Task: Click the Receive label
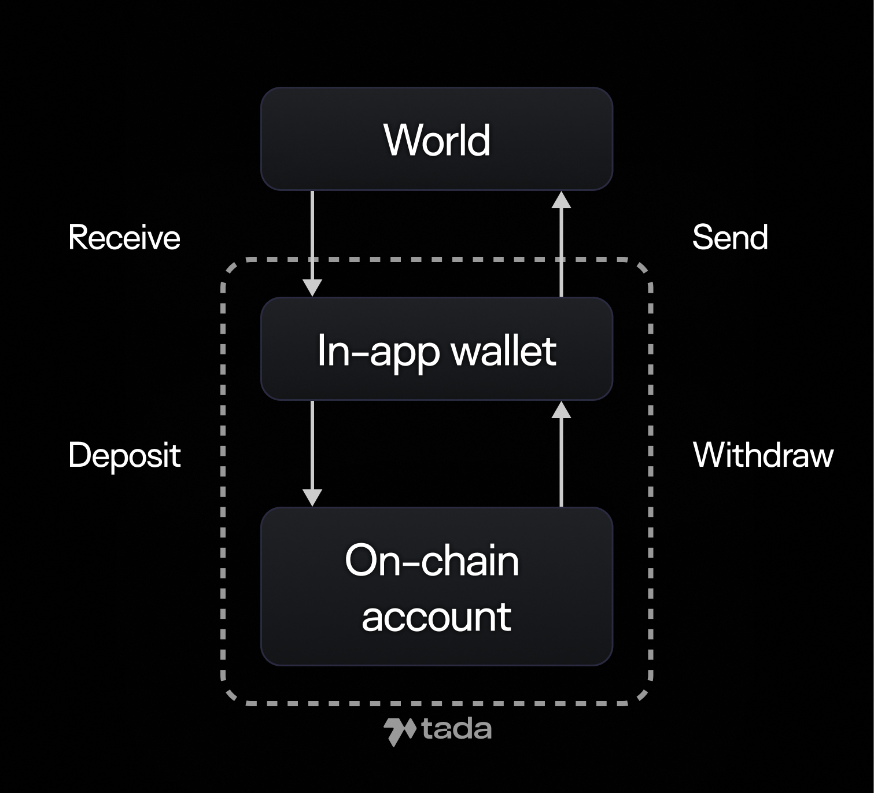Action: pyautogui.click(x=124, y=238)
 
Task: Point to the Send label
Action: pyautogui.click(x=730, y=238)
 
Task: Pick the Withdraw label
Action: pyautogui.click(x=763, y=455)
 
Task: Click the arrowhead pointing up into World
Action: pyautogui.click(x=561, y=200)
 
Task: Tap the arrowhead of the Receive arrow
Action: pyautogui.click(x=312, y=287)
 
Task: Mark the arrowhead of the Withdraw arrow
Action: pyautogui.click(x=561, y=410)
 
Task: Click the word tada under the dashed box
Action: pyautogui.click(x=456, y=730)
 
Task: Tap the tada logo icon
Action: pyautogui.click(x=400, y=731)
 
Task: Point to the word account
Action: pyautogui.click(x=437, y=617)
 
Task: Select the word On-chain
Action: pyautogui.click(x=432, y=560)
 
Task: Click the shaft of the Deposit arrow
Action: pyautogui.click(x=312, y=445)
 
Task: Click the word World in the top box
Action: pyautogui.click(x=437, y=141)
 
